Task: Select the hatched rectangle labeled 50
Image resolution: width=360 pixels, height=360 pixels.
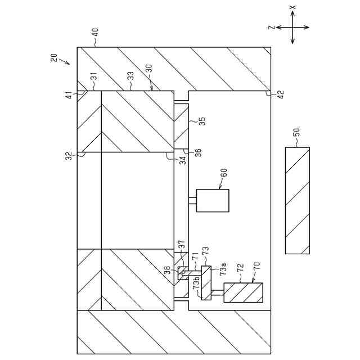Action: click(x=297, y=200)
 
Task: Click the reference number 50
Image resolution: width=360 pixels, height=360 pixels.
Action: click(x=298, y=133)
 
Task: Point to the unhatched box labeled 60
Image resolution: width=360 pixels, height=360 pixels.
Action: click(x=212, y=200)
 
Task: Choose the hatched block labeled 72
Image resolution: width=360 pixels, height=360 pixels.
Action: click(x=243, y=292)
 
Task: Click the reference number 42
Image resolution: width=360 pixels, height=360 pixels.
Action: click(x=280, y=94)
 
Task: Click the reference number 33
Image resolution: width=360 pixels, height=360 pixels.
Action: click(x=130, y=74)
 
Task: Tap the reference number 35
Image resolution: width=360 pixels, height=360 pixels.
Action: click(x=202, y=120)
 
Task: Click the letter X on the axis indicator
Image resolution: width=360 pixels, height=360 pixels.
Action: click(x=292, y=8)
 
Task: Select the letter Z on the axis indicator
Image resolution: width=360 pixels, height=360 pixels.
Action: click(x=271, y=27)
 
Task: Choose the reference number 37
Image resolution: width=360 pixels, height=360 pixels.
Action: click(x=181, y=245)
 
